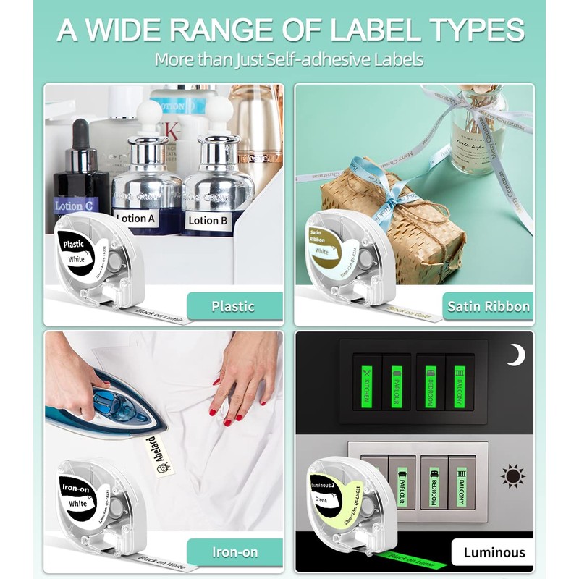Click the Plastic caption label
click(x=233, y=305)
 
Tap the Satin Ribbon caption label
click(x=488, y=306)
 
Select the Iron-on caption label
click(x=234, y=552)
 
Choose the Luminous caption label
click(x=494, y=552)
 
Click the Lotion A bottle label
click(x=136, y=218)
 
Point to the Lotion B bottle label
click(x=208, y=220)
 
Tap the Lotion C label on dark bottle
click(x=74, y=206)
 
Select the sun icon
click(x=514, y=477)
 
